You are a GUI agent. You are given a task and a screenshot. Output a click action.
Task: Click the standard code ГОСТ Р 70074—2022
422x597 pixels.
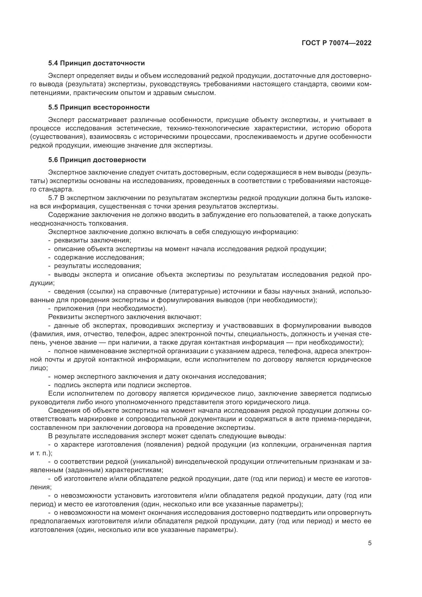coord(337,43)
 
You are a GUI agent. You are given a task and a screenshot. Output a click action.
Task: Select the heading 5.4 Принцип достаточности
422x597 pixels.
coord(96,63)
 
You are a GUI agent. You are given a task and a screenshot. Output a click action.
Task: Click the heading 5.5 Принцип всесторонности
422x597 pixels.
coord(99,107)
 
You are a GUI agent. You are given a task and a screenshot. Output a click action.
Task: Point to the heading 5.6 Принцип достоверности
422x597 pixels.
coord(97,160)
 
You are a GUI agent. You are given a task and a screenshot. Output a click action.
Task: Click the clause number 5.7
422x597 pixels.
coord(53,198)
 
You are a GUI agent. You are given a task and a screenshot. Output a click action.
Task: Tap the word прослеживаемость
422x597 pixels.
coord(266,137)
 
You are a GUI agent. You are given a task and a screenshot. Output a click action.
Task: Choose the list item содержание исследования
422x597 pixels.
coord(99,258)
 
